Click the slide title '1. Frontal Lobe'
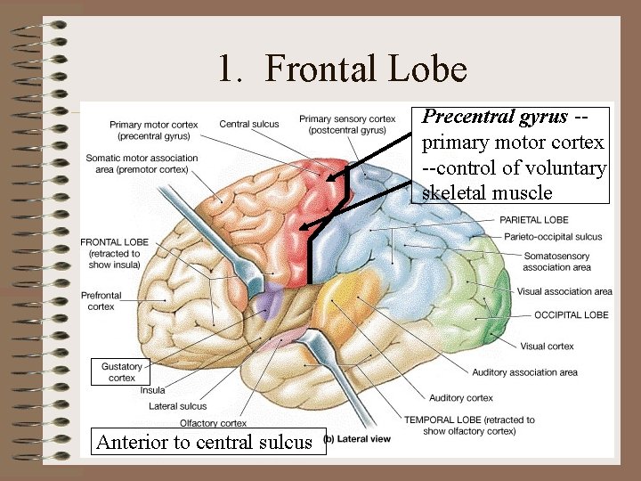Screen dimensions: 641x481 (343, 69)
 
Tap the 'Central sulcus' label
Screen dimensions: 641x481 (248, 124)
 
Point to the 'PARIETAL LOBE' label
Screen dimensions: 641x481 (534, 220)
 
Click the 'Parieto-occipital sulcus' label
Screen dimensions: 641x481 (552, 237)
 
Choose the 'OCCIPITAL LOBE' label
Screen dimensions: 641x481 (571, 314)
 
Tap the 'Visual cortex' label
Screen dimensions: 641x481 (547, 346)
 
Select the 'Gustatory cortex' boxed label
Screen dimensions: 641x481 (122, 372)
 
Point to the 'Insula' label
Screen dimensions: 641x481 (152, 390)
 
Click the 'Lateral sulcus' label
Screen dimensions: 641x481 (177, 406)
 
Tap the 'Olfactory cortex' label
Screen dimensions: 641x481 (213, 423)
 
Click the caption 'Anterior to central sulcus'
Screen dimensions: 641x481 (204, 442)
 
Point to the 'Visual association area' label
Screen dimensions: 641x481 (564, 291)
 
